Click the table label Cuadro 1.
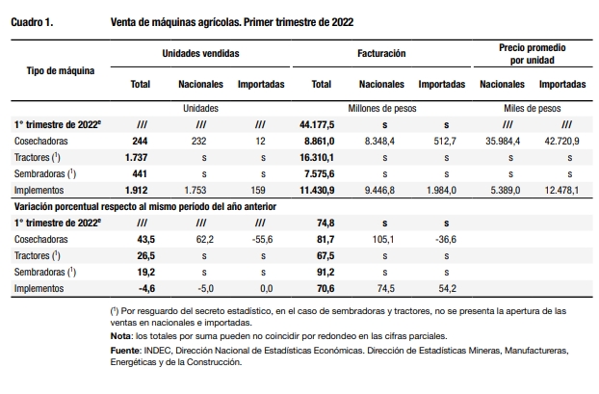pyautogui.click(x=32, y=22)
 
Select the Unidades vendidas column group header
pyautogui.click(x=200, y=53)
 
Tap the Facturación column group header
pyautogui.click(x=381, y=53)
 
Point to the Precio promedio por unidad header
pyautogui.click(x=533, y=54)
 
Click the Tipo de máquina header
pyautogui.click(x=61, y=70)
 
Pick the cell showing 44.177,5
pyautogui.click(x=317, y=124)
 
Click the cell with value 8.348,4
pyautogui.click(x=379, y=141)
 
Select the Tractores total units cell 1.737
pyautogui.click(x=136, y=157)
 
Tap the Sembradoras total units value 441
pyautogui.click(x=140, y=173)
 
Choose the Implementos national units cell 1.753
pyautogui.click(x=195, y=191)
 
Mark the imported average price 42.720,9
pyautogui.click(x=561, y=141)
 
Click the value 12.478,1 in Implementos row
pyautogui.click(x=561, y=191)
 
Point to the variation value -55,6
pyautogui.click(x=263, y=240)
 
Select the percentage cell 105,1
pyautogui.click(x=382, y=240)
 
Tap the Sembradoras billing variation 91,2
pyautogui.click(x=326, y=272)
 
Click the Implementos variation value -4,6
pyautogui.click(x=146, y=289)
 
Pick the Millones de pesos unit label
pyautogui.click(x=382, y=109)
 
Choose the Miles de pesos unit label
pyautogui.click(x=533, y=109)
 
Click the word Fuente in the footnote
pyautogui.click(x=125, y=351)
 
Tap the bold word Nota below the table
pyautogui.click(x=121, y=336)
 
